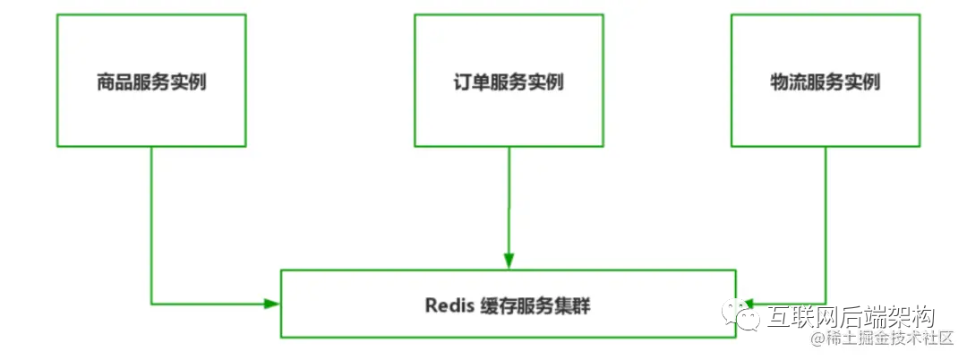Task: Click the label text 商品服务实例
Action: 151,82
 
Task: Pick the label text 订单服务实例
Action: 509,82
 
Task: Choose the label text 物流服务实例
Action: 825,82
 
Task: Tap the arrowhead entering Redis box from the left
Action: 272,304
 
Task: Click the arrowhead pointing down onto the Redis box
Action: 509,261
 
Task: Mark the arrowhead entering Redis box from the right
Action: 745,304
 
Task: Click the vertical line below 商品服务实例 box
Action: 151,224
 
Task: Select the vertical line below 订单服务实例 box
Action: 509,201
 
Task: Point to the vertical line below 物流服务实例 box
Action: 826,224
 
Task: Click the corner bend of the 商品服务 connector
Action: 151,304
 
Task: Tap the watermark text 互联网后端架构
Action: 851,316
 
